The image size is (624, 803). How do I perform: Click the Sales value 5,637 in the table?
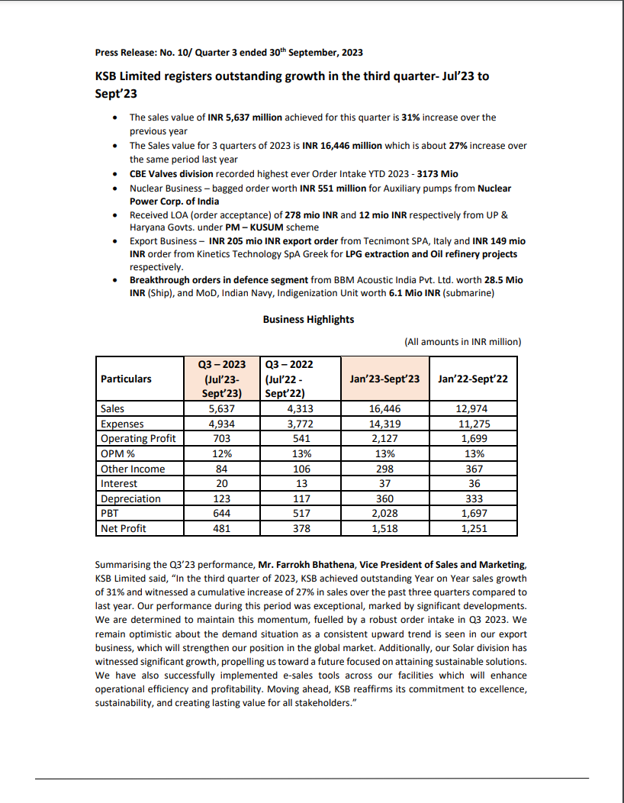pyautogui.click(x=221, y=409)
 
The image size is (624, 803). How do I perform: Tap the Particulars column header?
pyautogui.click(x=126, y=379)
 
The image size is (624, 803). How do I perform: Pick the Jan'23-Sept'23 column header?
pyautogui.click(x=385, y=379)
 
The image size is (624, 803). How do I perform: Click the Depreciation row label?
pyautogui.click(x=130, y=498)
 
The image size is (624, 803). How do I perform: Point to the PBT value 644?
pyautogui.click(x=221, y=513)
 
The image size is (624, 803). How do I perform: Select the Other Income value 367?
pyautogui.click(x=474, y=469)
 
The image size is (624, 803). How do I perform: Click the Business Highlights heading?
pyautogui.click(x=308, y=319)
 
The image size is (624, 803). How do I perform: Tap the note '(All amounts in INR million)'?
pyautogui.click(x=462, y=341)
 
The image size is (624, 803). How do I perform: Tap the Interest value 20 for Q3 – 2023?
pyautogui.click(x=221, y=483)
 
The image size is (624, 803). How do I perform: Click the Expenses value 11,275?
pyautogui.click(x=474, y=424)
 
